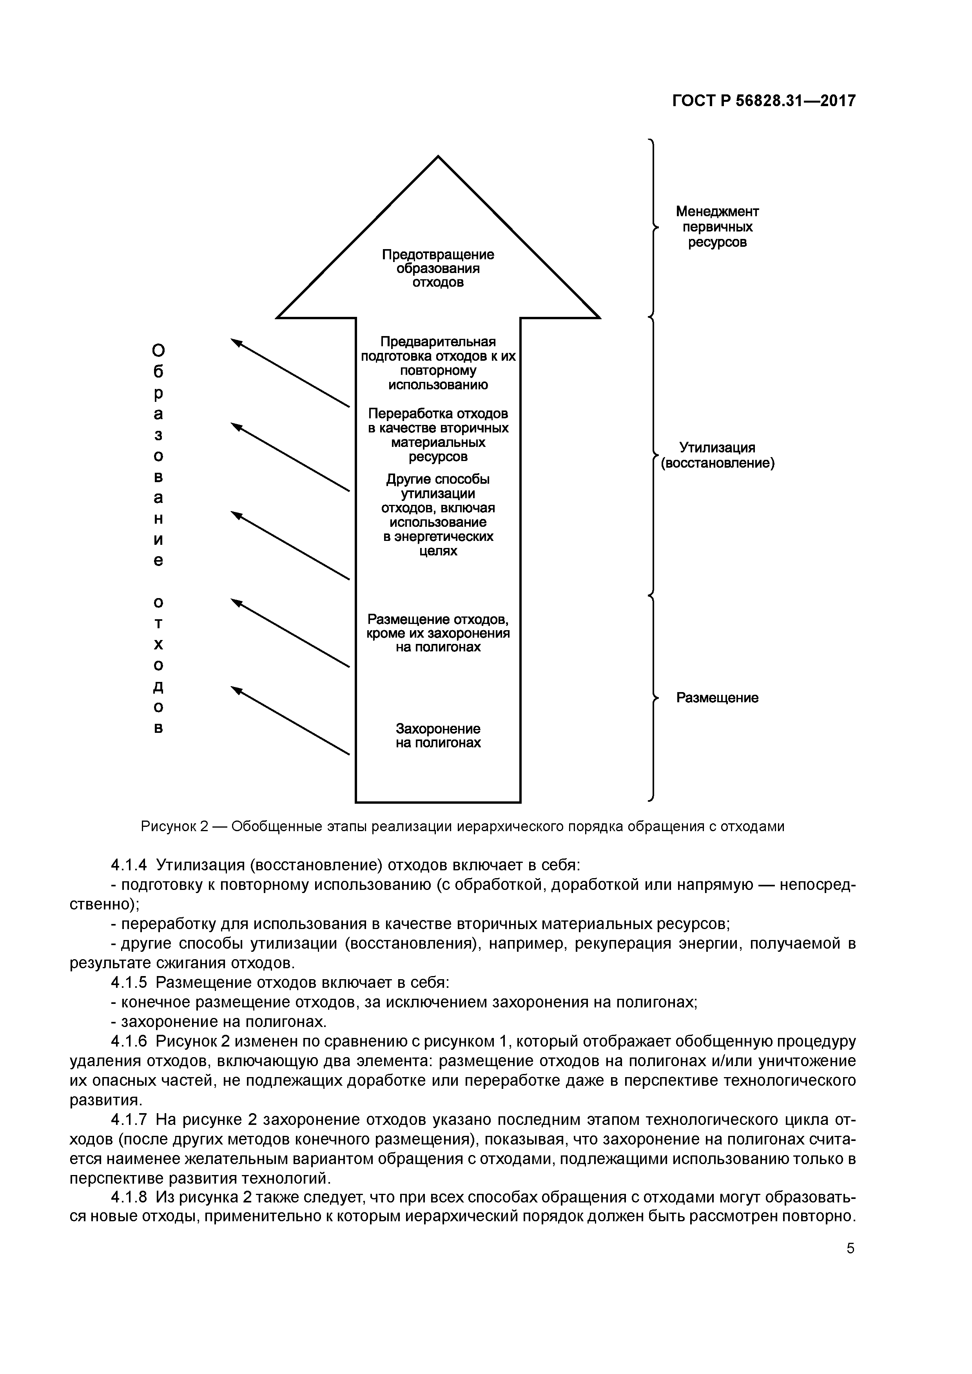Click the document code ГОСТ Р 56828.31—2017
[x=763, y=101]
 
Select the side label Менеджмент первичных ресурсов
[x=717, y=227]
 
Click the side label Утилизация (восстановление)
[x=717, y=456]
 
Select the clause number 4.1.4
[x=129, y=865]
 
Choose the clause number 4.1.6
[x=129, y=1041]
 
